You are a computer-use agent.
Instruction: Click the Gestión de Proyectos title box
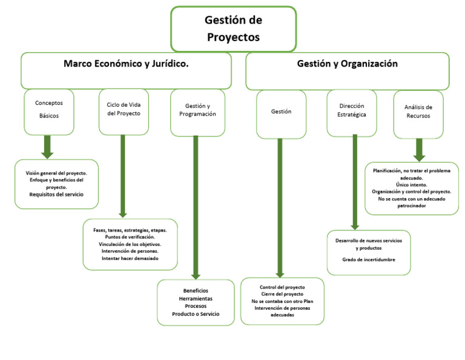(233, 28)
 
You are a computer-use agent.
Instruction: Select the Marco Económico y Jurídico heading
(126, 64)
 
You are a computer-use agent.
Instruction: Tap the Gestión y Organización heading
(347, 64)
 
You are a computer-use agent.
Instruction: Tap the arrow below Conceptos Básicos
(48, 147)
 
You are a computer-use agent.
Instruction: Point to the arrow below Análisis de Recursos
(418, 150)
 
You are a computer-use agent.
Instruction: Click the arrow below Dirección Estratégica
(355, 182)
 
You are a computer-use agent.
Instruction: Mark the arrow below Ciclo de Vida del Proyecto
(123, 176)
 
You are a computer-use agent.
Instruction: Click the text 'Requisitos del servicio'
(56, 195)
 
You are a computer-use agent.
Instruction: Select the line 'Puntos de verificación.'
(130, 237)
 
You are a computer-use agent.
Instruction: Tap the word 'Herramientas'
(196, 299)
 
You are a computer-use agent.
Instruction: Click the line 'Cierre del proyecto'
(282, 294)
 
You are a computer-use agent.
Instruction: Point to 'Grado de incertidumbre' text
(369, 259)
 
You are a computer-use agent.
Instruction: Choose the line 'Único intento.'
(412, 185)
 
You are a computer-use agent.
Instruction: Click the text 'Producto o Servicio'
(196, 314)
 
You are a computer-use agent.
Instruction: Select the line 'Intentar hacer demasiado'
(130, 259)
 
